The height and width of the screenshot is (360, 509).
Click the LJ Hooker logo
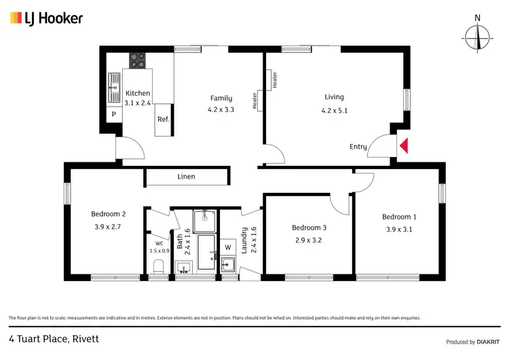point(46,18)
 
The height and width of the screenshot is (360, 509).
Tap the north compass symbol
point(478,36)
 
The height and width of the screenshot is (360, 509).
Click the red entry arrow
point(404,145)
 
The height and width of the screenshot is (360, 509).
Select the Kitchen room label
point(137,94)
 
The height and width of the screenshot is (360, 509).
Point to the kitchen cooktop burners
point(138,60)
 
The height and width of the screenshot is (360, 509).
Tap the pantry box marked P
point(114,115)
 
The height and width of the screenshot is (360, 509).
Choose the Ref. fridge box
point(163,120)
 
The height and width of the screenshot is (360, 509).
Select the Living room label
point(334,97)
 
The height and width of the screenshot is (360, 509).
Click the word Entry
point(358,147)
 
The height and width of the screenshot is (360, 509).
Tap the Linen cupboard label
point(187,177)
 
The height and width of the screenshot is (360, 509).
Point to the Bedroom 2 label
point(108,214)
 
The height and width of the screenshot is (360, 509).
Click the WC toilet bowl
point(158,265)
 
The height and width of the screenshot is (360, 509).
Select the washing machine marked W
point(228,247)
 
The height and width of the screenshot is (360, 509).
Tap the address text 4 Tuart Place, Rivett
point(54,338)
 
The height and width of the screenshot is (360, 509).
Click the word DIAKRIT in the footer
point(487,342)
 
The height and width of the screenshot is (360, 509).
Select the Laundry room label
point(254,239)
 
